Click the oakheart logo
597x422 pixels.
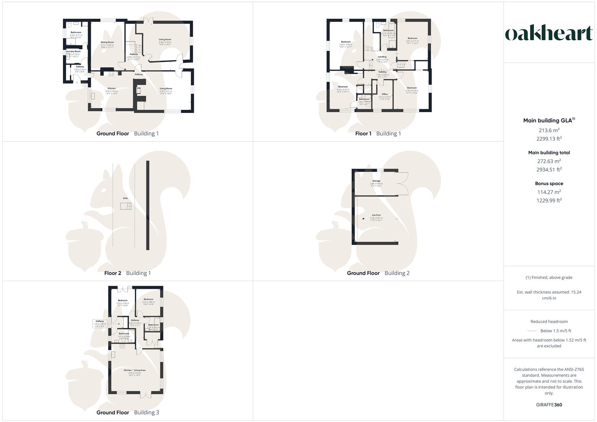coord(549,34)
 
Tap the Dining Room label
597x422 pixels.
coord(107,42)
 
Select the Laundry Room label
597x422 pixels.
coord(73,51)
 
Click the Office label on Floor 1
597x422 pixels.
coord(385,94)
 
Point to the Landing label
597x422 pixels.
coord(382,57)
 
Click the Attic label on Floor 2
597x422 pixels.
coord(125,198)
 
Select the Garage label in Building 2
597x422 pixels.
coord(376,181)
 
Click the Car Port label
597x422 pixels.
coord(376,215)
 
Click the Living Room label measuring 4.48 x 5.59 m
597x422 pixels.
coord(165,39)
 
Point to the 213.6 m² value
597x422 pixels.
coord(549,130)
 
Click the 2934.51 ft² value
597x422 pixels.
coord(549,170)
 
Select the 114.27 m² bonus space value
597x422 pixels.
coord(549,192)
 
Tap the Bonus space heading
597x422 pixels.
coord(549,183)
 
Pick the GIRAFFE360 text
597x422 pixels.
coord(549,405)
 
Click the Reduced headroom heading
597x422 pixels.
coord(549,322)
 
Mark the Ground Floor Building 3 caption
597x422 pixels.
coord(128,412)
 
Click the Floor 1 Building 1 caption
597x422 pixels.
coord(378,134)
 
